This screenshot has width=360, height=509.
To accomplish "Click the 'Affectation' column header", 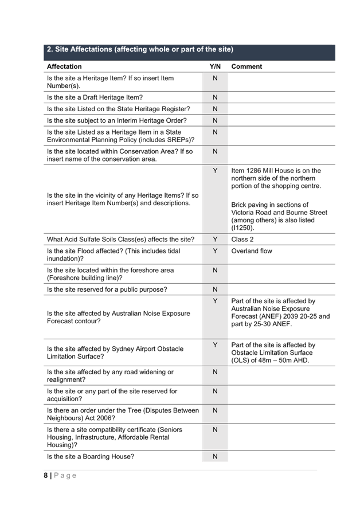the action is click(x=64, y=67).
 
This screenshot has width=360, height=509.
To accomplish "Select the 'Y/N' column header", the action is click(x=215, y=67).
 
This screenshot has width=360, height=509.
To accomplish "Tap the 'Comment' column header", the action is click(x=246, y=67).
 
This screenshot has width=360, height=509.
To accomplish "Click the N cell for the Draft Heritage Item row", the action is click(x=215, y=97).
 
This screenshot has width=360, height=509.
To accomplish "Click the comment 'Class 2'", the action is click(x=242, y=240).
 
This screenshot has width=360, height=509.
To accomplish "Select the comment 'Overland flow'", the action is click(x=252, y=252).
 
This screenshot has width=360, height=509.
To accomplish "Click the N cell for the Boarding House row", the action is click(x=215, y=457).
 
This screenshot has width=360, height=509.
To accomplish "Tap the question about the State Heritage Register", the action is click(x=118, y=109).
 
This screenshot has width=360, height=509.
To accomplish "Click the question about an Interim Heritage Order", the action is click(x=116, y=121).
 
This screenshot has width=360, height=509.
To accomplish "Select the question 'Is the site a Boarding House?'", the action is click(x=91, y=457).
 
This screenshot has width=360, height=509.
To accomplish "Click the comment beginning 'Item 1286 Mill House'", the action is click(x=276, y=178).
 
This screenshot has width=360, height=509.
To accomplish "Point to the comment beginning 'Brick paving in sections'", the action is click(x=279, y=216).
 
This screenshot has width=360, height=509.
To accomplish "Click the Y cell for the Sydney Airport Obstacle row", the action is click(x=215, y=345).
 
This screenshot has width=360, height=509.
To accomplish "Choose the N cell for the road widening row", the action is click(x=215, y=372).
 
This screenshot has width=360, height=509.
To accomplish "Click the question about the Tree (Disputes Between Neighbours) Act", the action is click(x=123, y=414).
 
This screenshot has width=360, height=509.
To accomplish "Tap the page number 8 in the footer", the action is click(x=46, y=476).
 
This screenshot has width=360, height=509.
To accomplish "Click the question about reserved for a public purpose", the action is click(x=107, y=290).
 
